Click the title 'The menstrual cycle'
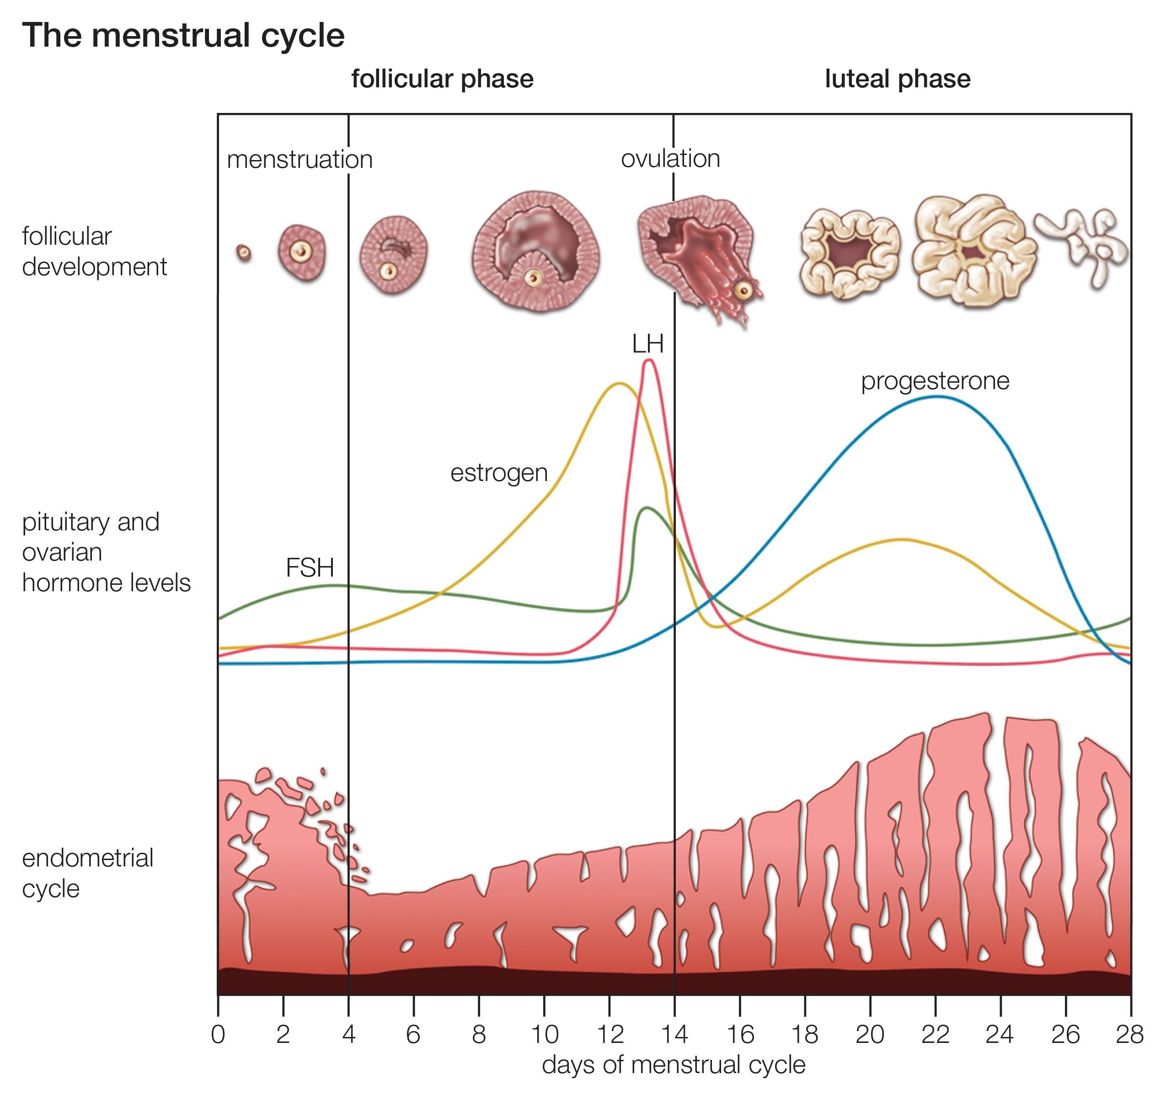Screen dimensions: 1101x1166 (x=183, y=35)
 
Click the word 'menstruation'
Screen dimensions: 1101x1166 (x=300, y=160)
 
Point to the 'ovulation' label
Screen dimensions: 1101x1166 (x=670, y=159)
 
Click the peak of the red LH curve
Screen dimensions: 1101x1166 (x=649, y=361)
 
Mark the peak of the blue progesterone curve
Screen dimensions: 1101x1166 (x=936, y=397)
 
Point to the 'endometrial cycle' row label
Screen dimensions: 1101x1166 (x=87, y=873)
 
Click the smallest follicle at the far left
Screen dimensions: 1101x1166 (x=244, y=253)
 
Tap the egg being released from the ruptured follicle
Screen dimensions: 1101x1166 (x=743, y=290)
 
